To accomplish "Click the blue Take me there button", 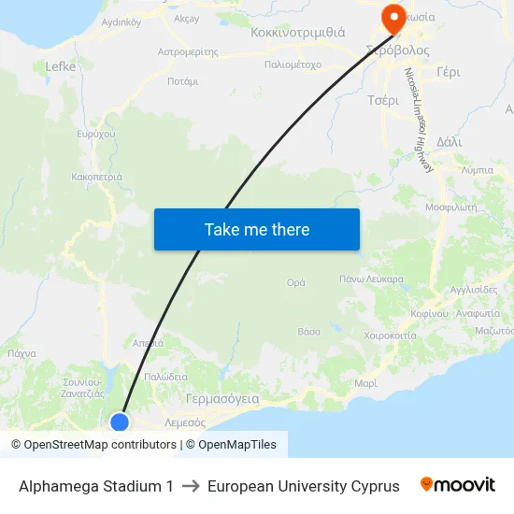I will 256,229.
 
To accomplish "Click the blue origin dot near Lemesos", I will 120,421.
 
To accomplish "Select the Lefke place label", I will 61,66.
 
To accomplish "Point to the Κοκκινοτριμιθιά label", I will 298,32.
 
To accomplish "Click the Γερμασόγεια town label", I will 222,397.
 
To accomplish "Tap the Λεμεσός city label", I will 184,422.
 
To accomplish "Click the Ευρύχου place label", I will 96,135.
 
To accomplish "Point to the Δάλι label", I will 449,141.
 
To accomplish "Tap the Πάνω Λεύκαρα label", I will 371,278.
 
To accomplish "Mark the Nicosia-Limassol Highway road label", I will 417,120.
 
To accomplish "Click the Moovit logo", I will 457,485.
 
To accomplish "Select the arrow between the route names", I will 191,486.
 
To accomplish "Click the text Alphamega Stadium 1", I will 96,486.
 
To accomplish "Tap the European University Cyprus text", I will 304,486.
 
